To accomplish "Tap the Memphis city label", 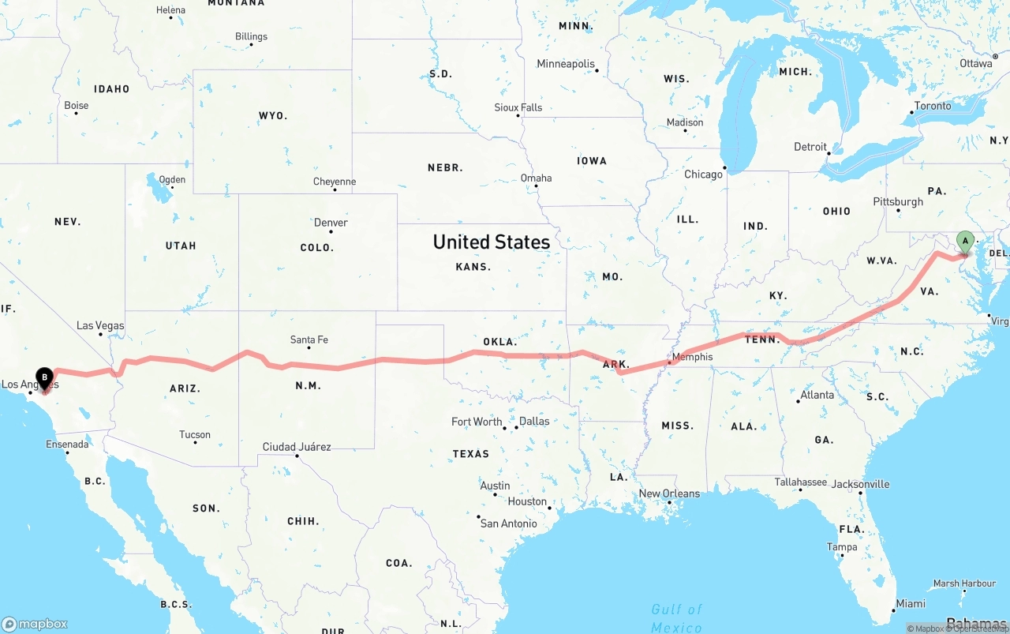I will pos(692,357).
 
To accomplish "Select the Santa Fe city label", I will pos(309,340).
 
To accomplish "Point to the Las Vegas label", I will pos(100,325).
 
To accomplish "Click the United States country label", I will pos(491,242).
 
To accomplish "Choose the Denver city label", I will pos(331,223).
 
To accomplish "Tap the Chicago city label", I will pos(703,174).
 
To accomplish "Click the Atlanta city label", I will pos(817,395).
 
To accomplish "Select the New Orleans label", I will pos(669,493).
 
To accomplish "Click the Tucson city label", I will pos(194,434).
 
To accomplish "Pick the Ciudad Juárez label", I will pos(297,447).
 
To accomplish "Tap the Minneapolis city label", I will pos(566,64).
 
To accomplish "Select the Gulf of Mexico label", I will pos(676,618).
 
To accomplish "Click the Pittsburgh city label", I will pos(897,201).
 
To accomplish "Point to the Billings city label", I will pos(251,36).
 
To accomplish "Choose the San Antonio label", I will pos(508,523).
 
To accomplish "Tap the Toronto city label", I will pos(933,106).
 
